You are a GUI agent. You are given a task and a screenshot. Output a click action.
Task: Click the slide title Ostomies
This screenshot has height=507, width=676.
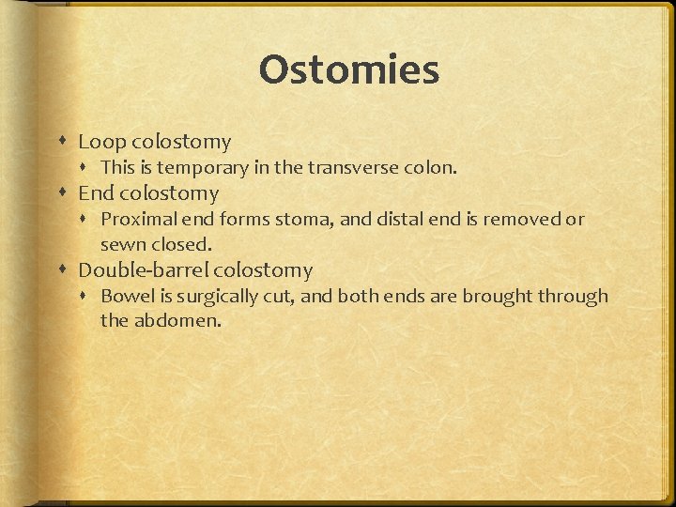coord(349,70)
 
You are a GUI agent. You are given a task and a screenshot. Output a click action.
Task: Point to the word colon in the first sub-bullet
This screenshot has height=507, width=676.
coord(431,168)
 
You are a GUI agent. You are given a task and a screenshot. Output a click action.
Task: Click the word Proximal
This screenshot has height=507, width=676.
coord(137,220)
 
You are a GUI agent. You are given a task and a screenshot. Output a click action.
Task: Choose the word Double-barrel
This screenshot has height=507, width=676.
coord(143,270)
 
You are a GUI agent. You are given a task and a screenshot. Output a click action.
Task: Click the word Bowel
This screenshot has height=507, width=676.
coord(125,297)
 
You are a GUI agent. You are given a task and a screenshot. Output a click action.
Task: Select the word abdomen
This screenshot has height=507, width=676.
coord(176,321)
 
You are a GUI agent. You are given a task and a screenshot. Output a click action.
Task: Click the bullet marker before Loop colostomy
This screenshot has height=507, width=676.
coord(62,143)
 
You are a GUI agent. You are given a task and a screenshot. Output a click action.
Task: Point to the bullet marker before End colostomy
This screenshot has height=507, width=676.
coord(62,194)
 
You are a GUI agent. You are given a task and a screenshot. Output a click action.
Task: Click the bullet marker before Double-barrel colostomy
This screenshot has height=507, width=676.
coord(62,271)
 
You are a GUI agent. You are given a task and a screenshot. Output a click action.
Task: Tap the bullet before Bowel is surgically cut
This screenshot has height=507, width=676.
coord(87,298)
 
